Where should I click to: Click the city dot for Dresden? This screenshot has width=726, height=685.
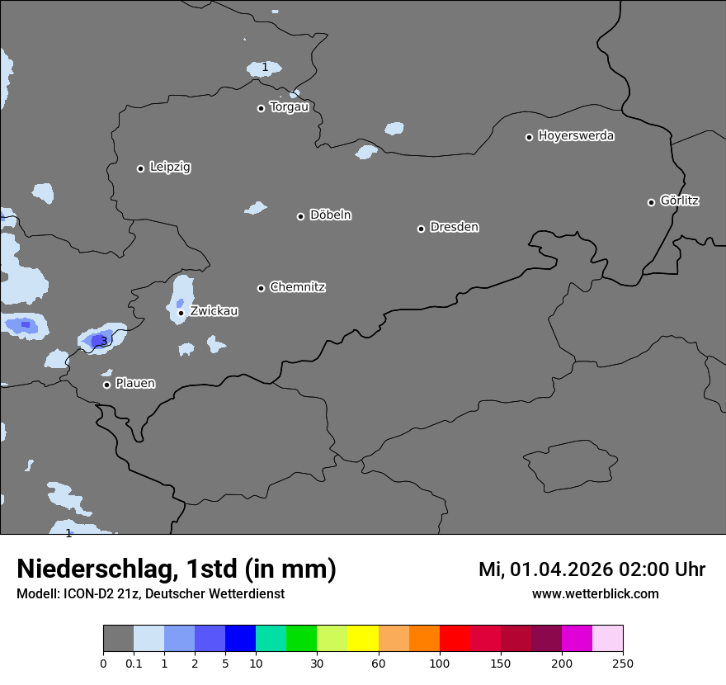tap(421, 229)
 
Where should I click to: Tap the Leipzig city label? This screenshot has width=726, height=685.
tap(170, 168)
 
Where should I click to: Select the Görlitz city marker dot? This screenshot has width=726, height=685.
tap(651, 202)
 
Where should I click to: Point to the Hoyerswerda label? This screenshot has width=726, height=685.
tap(576, 136)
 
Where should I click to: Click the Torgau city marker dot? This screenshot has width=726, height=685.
tap(261, 108)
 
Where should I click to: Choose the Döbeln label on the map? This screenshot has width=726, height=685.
tap(330, 215)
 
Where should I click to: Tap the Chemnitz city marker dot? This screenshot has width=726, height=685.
tap(261, 288)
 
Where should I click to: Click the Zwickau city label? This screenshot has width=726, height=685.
tap(214, 311)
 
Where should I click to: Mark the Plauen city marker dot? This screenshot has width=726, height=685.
tap(106, 385)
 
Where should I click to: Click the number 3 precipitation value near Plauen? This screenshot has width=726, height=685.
tap(103, 341)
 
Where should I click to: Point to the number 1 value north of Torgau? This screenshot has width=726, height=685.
tap(265, 67)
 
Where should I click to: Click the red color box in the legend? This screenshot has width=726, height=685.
tap(455, 639)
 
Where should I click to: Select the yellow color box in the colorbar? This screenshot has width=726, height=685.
tap(363, 639)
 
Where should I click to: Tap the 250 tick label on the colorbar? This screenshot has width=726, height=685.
tap(623, 663)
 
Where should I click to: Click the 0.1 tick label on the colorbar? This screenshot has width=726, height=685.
tap(134, 663)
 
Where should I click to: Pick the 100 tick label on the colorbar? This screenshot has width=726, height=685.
tap(440, 663)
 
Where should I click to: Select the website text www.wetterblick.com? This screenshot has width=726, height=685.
tap(595, 594)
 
